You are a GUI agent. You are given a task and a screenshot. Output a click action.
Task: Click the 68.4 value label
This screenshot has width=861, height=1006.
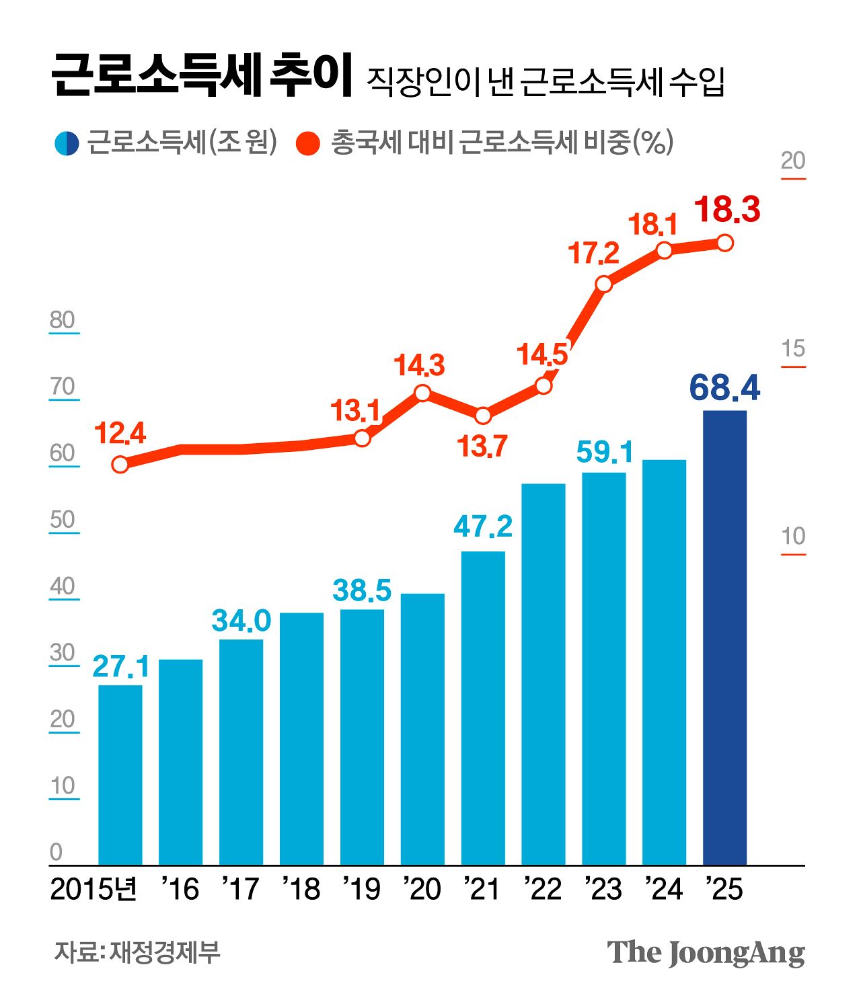pyautogui.click(x=724, y=388)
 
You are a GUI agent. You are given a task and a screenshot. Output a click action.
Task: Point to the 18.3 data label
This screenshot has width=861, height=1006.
pyautogui.click(x=727, y=209)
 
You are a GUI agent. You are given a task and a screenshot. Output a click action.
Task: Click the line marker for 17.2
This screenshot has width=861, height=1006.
pyautogui.click(x=603, y=284)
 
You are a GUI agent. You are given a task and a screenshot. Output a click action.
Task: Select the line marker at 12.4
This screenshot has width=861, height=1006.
pyautogui.click(x=120, y=464)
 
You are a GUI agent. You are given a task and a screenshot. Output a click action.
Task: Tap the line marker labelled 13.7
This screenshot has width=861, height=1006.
pyautogui.click(x=483, y=416)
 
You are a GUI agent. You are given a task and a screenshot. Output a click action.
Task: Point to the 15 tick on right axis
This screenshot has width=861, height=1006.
pyautogui.click(x=793, y=349)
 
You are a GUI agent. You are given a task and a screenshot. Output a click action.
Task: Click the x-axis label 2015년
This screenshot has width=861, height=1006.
pyautogui.click(x=94, y=889)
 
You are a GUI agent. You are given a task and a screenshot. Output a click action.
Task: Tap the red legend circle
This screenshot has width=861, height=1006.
pyautogui.click(x=308, y=143)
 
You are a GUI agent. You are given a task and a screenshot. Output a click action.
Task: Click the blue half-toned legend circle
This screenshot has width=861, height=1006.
pyautogui.click(x=67, y=143)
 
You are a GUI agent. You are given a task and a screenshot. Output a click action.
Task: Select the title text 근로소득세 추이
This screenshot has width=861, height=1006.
pyautogui.click(x=202, y=75)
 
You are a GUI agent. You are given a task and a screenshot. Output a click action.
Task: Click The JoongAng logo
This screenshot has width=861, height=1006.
pyautogui.click(x=706, y=953)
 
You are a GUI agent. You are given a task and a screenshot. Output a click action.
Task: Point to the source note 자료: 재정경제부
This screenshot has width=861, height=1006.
pyautogui.click(x=137, y=952)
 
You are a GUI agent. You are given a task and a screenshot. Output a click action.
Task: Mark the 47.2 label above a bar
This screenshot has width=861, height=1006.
pyautogui.click(x=483, y=527)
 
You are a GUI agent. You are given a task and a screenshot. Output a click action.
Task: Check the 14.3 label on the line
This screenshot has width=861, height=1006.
pyautogui.click(x=420, y=366)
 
